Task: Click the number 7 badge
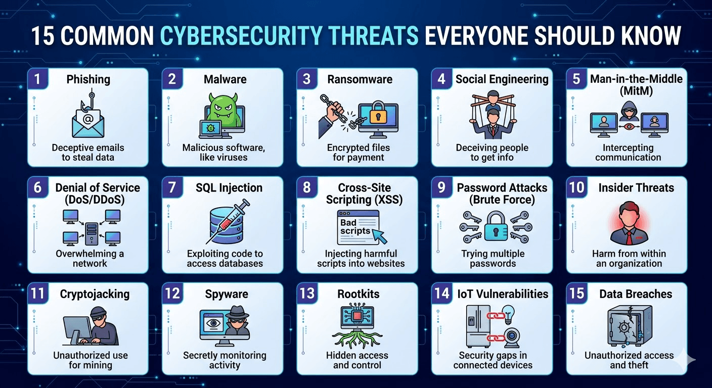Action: pos(172,187)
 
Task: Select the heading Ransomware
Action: pos(360,79)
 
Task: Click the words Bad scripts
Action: pos(349,226)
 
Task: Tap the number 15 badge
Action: pos(576,294)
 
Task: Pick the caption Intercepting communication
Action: pos(628,152)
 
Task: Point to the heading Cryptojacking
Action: pos(95,294)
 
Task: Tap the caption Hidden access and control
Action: pos(357,360)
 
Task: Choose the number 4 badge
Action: pos(441,79)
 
